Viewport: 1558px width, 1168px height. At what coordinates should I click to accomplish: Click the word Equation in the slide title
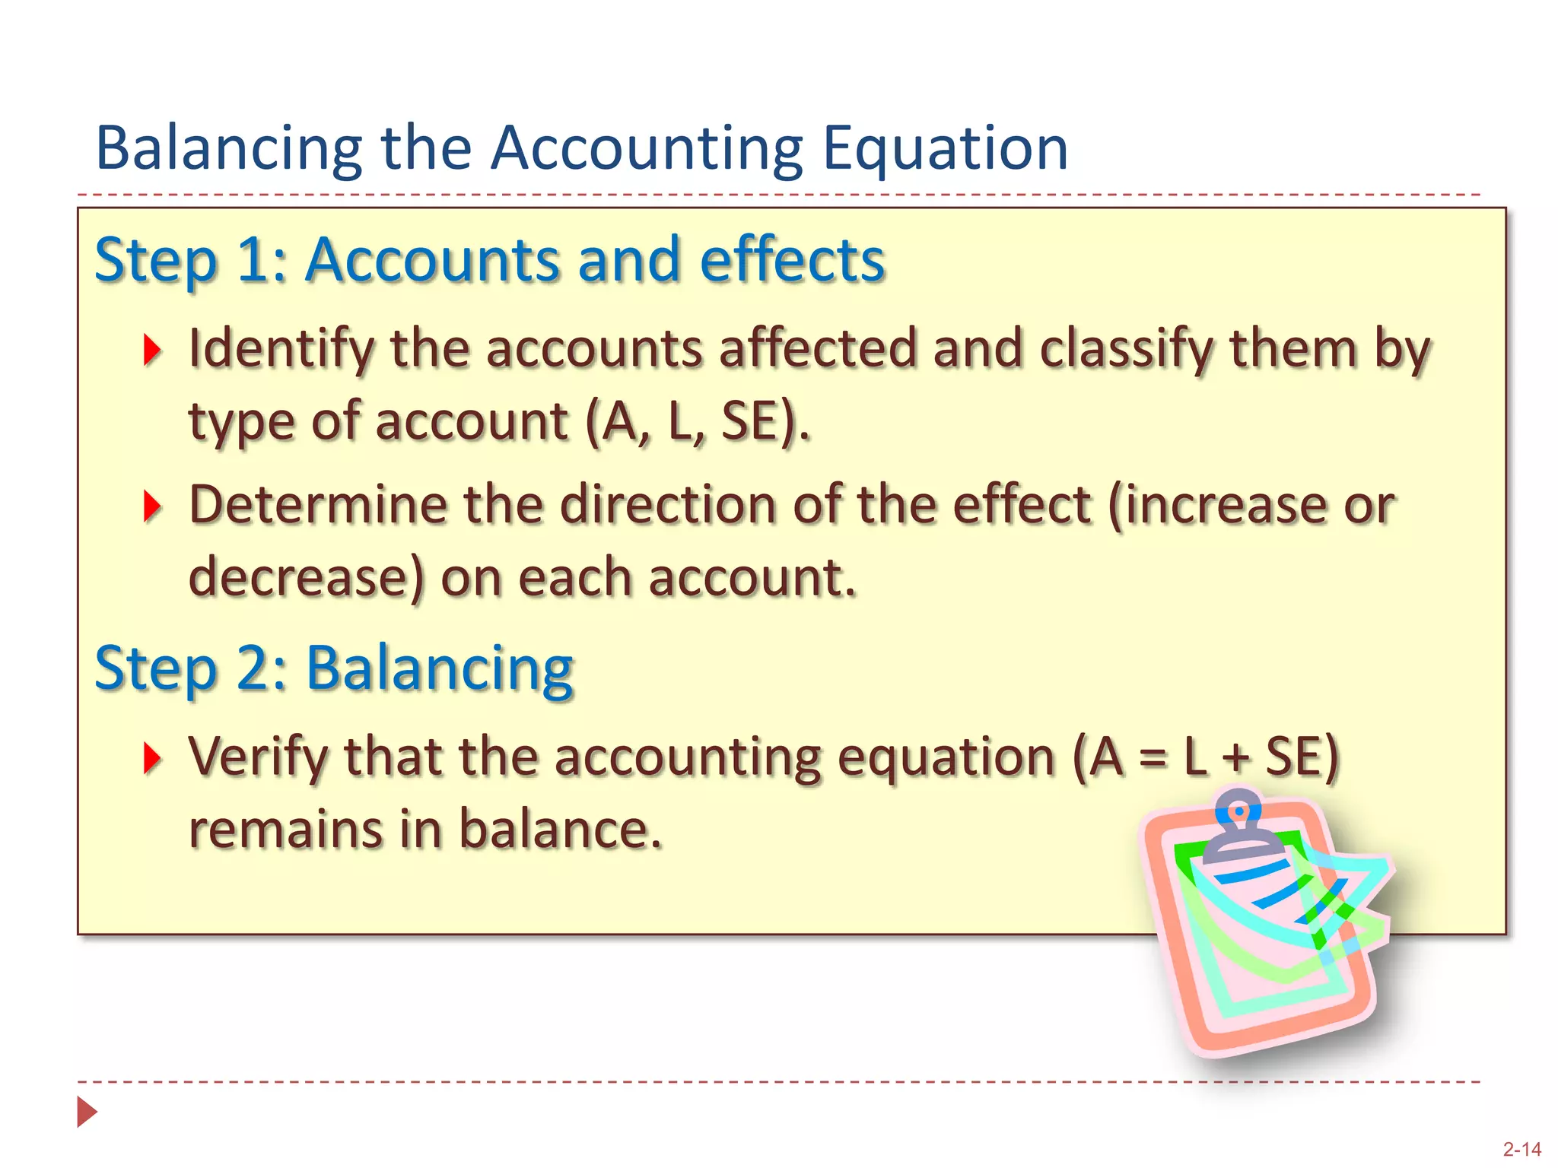coord(946,148)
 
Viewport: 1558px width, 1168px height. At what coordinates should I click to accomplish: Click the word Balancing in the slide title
coord(228,148)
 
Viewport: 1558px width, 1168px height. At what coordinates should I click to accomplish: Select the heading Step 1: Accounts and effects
coord(489,260)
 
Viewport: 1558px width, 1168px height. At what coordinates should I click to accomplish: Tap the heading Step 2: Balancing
coord(333,668)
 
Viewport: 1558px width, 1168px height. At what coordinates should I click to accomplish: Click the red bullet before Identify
coord(152,350)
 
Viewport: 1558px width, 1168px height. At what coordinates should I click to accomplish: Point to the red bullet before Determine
coord(152,506)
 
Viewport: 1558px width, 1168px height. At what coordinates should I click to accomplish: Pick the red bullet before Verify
coord(152,758)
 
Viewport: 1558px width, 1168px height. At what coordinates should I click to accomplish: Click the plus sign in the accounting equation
coord(1236,759)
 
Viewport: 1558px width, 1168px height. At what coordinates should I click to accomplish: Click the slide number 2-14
coord(1521,1149)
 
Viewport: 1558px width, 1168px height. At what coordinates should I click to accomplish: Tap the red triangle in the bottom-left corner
coord(87,1112)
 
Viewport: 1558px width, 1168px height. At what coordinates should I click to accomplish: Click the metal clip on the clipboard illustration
coord(1238,825)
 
